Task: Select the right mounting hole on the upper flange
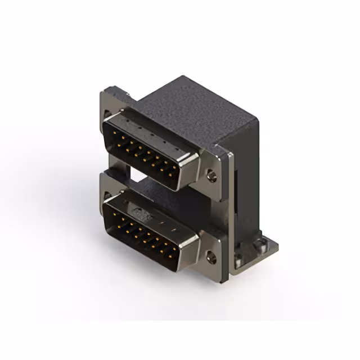[212, 175]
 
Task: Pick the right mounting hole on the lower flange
[212, 258]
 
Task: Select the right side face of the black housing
[247, 169]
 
